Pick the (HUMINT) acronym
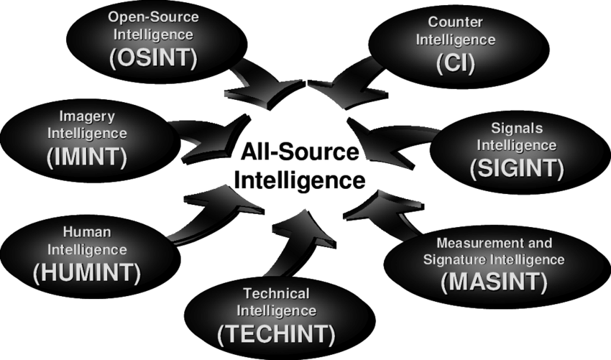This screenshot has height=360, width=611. tap(86, 272)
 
